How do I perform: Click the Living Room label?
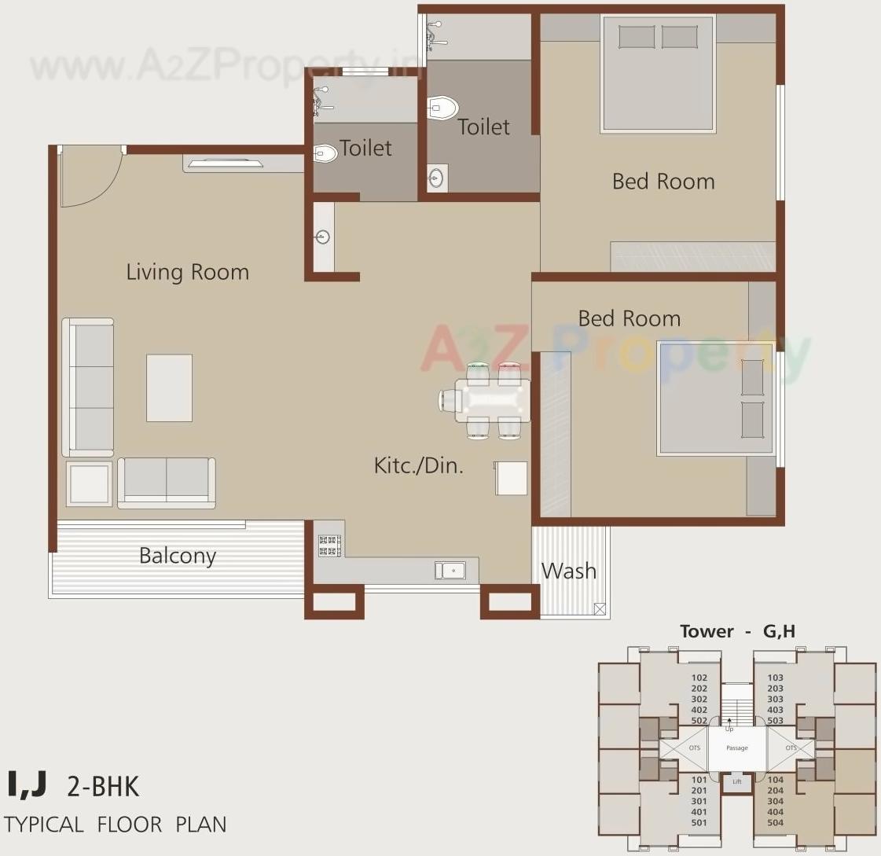click(187, 272)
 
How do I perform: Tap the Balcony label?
click(177, 556)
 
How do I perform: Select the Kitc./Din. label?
click(418, 465)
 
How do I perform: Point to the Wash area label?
click(568, 571)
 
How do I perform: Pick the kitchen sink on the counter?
click(450, 570)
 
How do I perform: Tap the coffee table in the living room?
click(169, 388)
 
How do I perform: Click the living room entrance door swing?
click(90, 178)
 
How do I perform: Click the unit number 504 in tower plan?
click(775, 823)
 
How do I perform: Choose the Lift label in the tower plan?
click(736, 781)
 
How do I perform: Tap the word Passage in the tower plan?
click(736, 748)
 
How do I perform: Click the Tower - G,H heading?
click(737, 631)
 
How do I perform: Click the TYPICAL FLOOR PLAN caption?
click(116, 825)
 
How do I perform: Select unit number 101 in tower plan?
click(699, 780)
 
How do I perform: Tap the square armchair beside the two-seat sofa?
click(89, 483)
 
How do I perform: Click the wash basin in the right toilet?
click(437, 178)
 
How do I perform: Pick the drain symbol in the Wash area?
click(600, 608)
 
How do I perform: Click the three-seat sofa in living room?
click(88, 388)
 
